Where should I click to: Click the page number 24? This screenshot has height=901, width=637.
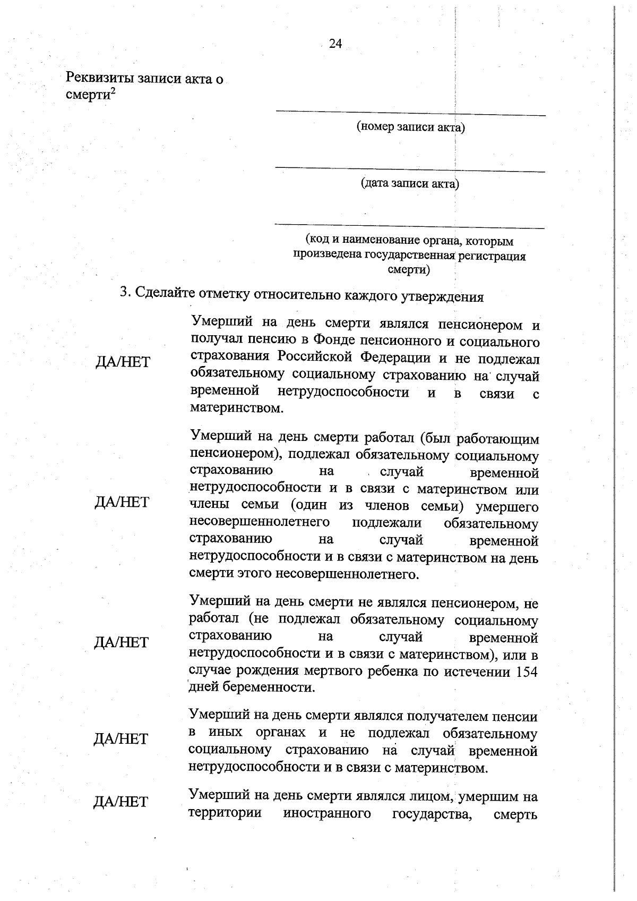coord(335,44)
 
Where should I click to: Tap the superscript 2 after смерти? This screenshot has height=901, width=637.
coord(114,91)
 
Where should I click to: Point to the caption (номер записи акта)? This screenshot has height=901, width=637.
coord(410,127)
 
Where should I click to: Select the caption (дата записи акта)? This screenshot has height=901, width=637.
coord(410,184)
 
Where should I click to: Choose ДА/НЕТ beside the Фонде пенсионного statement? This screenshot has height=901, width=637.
coord(123,362)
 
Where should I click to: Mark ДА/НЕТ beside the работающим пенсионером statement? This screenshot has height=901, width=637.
coord(122,502)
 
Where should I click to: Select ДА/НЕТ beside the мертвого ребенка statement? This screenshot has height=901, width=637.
coord(122,642)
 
